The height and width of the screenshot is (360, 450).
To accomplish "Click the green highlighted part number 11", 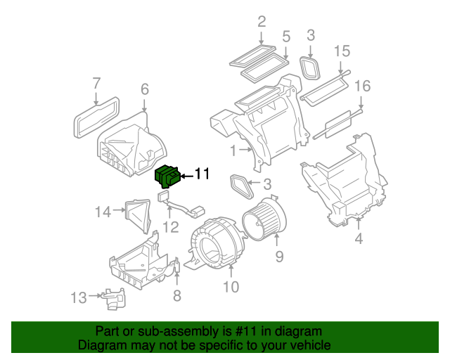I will point(167,175).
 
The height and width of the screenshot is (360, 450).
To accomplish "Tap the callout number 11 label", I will point(202,174).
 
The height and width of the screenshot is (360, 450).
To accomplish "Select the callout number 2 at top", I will point(262,22).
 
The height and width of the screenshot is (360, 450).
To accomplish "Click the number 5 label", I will point(286,36).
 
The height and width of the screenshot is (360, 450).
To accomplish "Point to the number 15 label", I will point(342,51).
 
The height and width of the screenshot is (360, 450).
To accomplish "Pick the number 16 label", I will point(362,86).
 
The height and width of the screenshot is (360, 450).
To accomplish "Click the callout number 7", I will point(97,84).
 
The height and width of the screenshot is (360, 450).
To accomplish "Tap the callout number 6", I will point(144,89).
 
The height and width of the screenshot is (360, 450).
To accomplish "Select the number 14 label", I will point(103,210).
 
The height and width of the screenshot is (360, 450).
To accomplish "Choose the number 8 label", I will point(176,296).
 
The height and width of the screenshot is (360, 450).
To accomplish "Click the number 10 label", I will point(231,286).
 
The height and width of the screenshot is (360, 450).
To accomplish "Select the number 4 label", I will point(359,239).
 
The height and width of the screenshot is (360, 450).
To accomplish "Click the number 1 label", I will point(233,150).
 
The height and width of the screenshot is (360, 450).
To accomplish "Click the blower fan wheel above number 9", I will point(264,217).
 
